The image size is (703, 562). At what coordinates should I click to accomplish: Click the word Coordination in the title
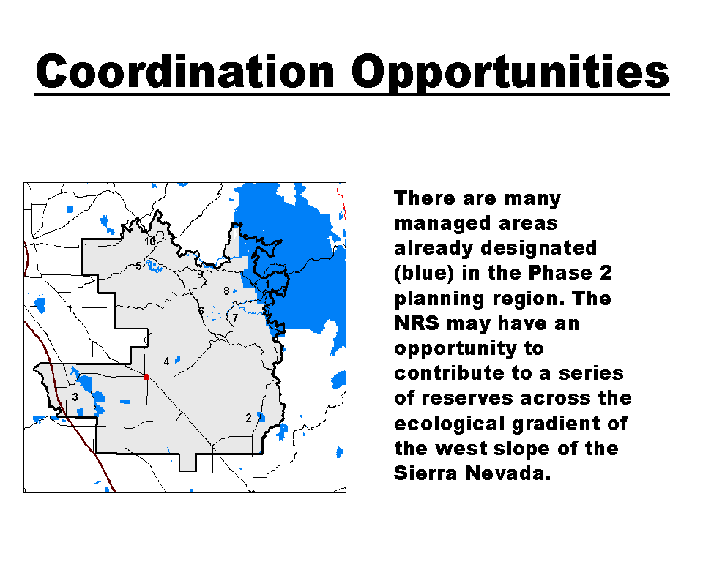[185, 72]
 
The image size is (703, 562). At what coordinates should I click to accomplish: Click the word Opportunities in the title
[510, 73]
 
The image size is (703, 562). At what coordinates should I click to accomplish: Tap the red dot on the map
[146, 377]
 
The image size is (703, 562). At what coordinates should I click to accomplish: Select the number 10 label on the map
[149, 241]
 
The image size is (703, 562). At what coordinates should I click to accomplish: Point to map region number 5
[138, 266]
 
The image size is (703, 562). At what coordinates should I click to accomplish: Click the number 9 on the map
[200, 274]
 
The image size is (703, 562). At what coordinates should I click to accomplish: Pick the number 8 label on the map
[226, 291]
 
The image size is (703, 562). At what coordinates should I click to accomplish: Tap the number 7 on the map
[235, 318]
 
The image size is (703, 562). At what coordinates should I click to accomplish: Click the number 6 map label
[201, 310]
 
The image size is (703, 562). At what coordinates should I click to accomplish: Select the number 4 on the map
[167, 361]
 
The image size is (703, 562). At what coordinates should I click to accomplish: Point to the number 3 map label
[75, 397]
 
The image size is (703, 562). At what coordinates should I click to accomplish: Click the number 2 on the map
[248, 418]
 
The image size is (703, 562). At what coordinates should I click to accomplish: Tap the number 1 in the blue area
[268, 285]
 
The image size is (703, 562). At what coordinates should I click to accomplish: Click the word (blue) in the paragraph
[424, 274]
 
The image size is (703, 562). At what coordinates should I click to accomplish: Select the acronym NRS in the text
[417, 323]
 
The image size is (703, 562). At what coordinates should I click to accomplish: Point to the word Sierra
[425, 473]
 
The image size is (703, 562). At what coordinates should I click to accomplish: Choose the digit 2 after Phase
[606, 273]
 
